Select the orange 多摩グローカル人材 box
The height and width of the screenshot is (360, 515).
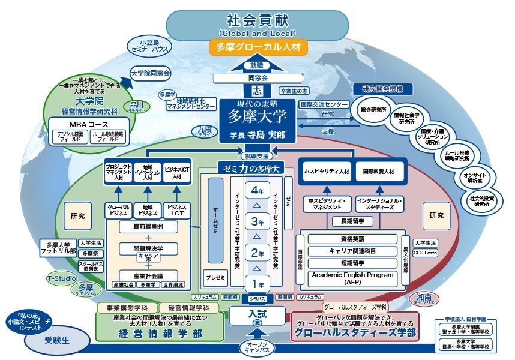(x=258, y=47)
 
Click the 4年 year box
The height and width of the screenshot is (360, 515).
(x=257, y=191)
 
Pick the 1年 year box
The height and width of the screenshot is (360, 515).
(x=257, y=284)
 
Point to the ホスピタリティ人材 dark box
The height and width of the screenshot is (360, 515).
(x=327, y=171)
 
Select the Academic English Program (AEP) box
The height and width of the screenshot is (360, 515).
(x=354, y=277)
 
